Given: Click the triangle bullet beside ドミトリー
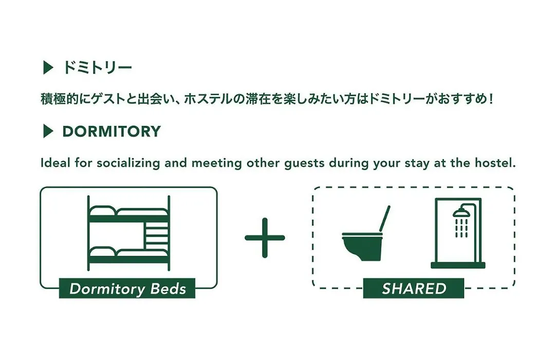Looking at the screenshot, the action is coord(48,67).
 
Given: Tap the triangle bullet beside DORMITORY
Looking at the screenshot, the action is coord(48,131).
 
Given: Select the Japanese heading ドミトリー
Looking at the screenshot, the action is coord(97,67).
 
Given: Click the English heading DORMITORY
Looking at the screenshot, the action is coord(112,132).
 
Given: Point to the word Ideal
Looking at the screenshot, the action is coord(55,163).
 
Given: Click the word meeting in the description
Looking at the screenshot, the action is coord(217,164).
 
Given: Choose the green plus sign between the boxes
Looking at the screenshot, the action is coord(265,238).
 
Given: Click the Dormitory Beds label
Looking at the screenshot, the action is coord(127,289).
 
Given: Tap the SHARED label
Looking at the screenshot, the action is coord(414,289).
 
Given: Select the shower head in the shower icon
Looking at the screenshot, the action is coord(460,212).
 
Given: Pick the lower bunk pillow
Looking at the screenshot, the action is coord(103,251).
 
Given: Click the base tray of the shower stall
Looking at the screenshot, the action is coord(458,265).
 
